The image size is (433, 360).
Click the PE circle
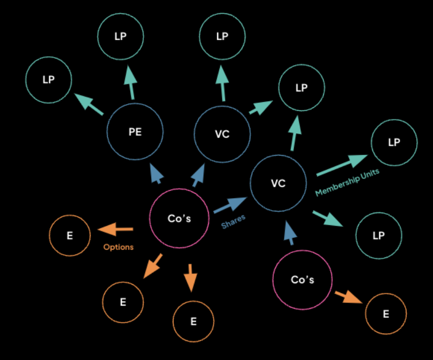135,132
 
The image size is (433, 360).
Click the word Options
118,247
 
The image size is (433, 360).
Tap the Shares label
234,219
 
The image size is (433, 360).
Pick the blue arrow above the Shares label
229,204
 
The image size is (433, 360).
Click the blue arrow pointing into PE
157,173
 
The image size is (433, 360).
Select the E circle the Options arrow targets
70,235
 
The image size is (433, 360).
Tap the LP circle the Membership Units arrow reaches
394,143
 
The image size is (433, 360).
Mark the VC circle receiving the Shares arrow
278,183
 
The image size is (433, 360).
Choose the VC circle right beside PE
222,134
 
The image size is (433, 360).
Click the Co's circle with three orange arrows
179,218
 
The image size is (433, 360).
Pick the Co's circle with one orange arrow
302,280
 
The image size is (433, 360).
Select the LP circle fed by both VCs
301,88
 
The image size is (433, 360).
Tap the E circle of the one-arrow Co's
386,314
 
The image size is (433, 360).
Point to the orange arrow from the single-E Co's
348,296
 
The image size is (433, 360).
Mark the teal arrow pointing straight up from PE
130,83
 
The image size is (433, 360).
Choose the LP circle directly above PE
121,36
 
